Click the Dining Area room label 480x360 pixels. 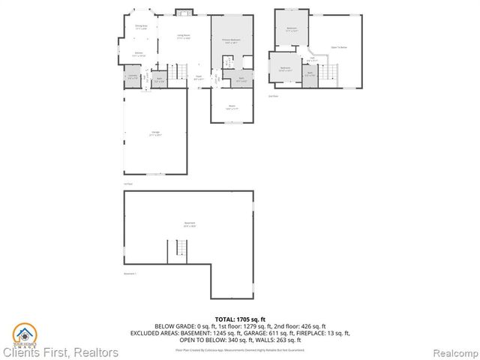click(x=140, y=27)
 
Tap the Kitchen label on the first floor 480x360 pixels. click(x=139, y=54)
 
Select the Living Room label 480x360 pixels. click(x=183, y=37)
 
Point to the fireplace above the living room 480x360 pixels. click(x=182, y=11)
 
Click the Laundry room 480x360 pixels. click(x=132, y=77)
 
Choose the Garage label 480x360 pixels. click(x=154, y=135)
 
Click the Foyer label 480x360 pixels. click(x=199, y=76)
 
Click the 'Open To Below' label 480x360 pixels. click(x=338, y=47)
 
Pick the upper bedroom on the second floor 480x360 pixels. click(x=292, y=29)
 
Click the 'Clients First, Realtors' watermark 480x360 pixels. click(x=60, y=352)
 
